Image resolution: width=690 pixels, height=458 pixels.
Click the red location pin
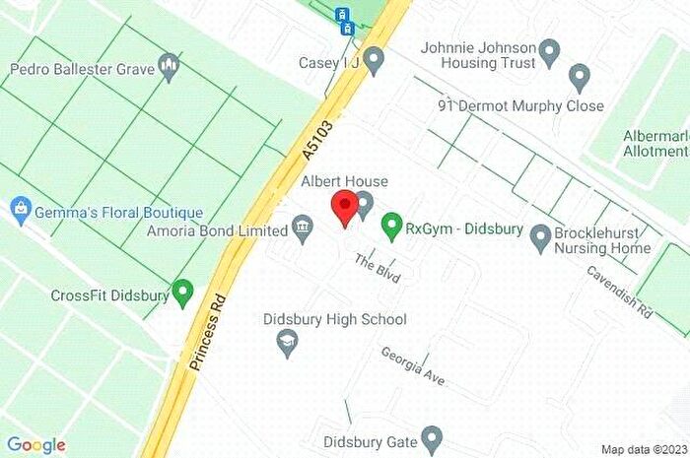click(344, 209)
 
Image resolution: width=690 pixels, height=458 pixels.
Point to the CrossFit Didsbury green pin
click(182, 292)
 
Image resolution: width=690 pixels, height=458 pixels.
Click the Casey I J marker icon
click(373, 63)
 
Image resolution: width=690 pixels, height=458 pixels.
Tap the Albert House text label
click(345, 181)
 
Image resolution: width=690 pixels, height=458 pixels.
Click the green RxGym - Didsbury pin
click(391, 228)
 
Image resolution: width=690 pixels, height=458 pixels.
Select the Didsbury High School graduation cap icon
click(288, 341)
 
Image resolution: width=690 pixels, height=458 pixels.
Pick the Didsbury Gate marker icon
click(431, 436)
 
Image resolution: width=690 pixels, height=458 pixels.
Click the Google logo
click(36, 444)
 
